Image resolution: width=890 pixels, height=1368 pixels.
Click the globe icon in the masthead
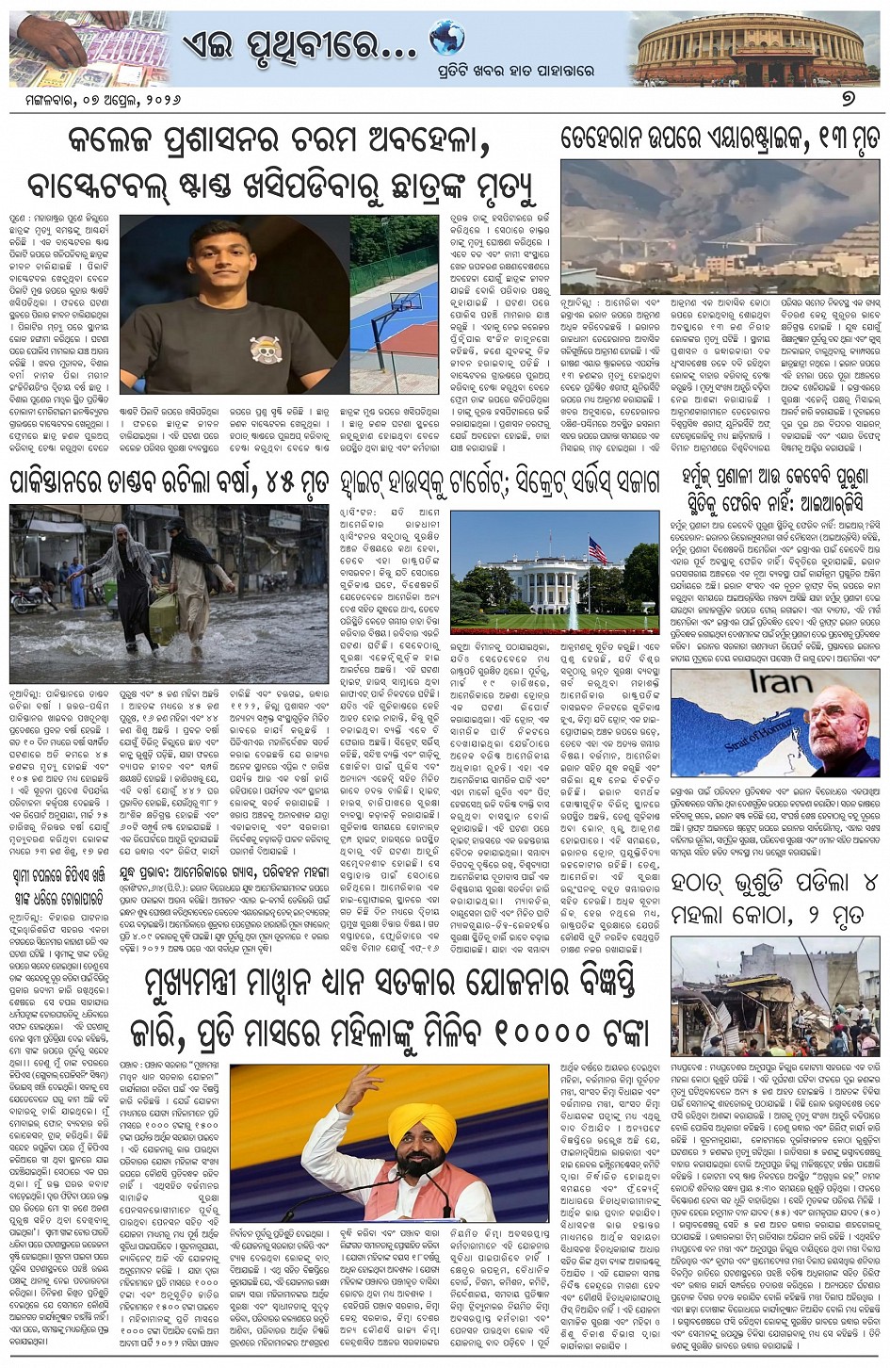pyautogui.click(x=447, y=38)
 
